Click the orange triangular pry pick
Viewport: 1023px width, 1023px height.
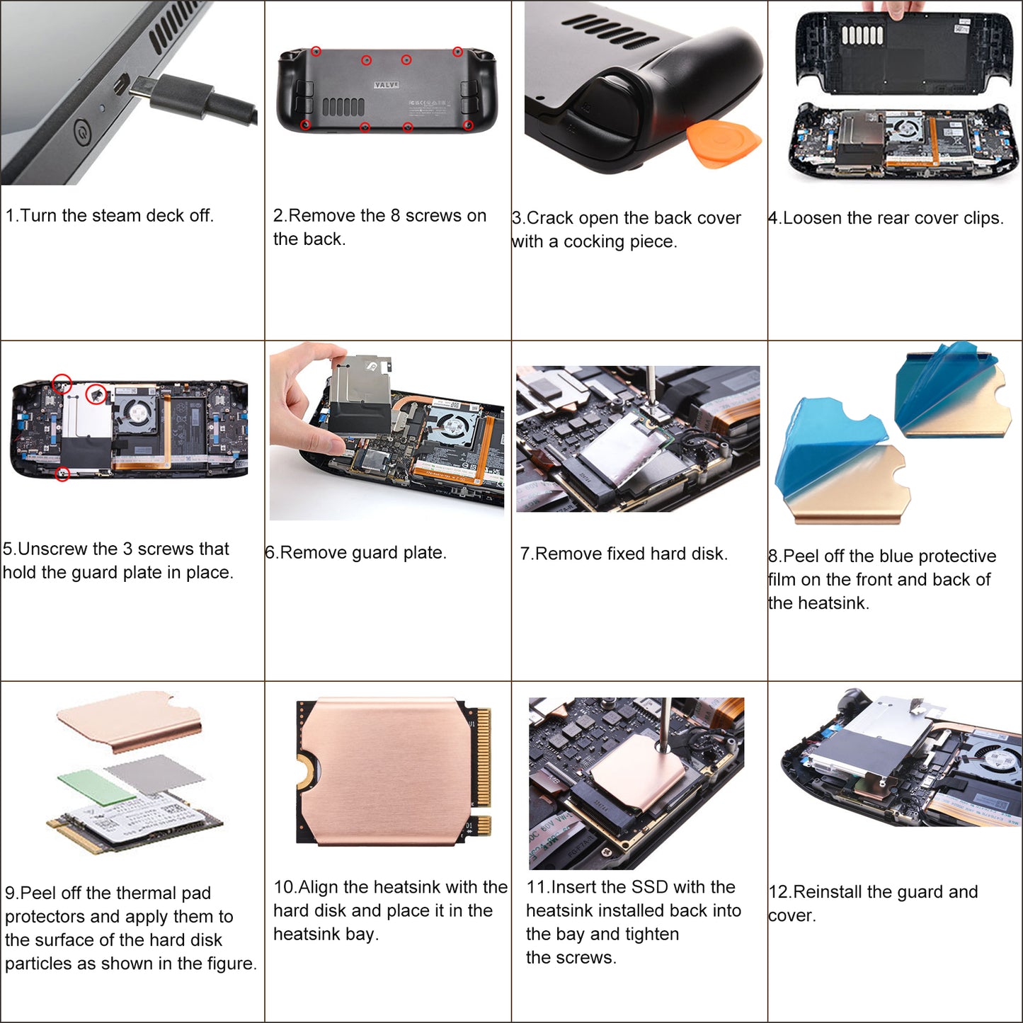pyautogui.click(x=724, y=143)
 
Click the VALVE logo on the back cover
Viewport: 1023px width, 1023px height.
pyautogui.click(x=386, y=85)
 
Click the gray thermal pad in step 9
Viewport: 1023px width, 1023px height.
pyautogui.click(x=154, y=775)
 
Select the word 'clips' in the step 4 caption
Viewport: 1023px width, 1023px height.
pyautogui.click(x=982, y=218)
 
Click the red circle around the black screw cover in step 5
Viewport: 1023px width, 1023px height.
pyautogui.click(x=96, y=394)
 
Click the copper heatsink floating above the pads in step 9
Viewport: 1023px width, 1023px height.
pyautogui.click(x=130, y=719)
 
